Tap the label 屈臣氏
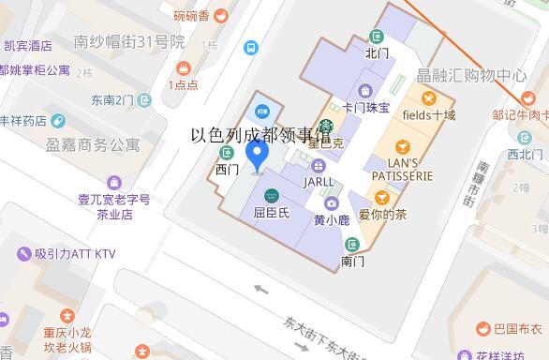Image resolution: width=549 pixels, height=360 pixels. coord(272,213)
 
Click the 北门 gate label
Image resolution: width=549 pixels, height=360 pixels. coord(377,52)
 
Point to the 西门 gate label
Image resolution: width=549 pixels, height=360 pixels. coord(228,170)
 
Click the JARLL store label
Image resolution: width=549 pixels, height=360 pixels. coord(318,180)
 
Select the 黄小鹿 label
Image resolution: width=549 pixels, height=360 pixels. coord(331,220)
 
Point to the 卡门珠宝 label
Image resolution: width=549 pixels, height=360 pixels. coord(366,108)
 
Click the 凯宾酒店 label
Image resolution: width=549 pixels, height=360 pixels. coord(27,45)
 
